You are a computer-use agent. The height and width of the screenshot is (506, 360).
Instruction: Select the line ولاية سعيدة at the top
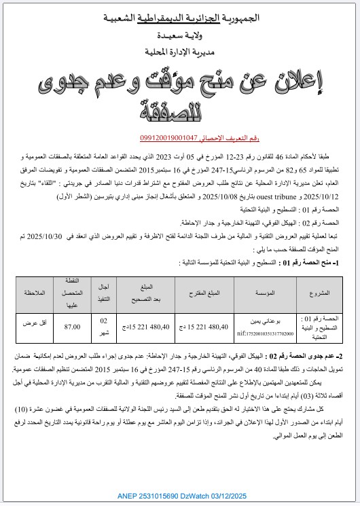coord(180,34)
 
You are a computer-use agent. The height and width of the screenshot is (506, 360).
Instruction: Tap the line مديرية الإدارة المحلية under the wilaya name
coord(179,51)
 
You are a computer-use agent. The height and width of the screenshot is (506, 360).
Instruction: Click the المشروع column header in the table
coord(319,293)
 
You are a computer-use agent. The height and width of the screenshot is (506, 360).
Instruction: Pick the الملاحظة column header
coord(33,293)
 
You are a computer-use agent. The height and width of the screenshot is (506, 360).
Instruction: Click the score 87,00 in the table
coord(71,327)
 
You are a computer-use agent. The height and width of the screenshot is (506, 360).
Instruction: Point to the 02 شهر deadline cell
coord(104,327)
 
